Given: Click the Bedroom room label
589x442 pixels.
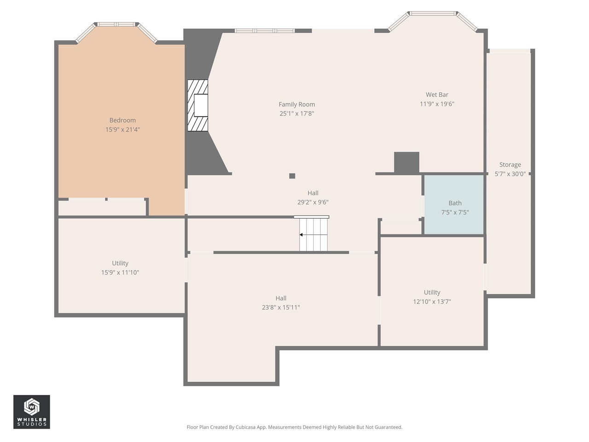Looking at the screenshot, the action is (x=122, y=120).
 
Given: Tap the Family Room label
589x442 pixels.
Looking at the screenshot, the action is (x=297, y=105).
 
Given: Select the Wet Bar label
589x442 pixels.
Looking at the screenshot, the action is (x=437, y=95).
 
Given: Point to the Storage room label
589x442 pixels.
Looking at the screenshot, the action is (x=510, y=165).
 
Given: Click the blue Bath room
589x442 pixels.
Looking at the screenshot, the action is (x=454, y=205).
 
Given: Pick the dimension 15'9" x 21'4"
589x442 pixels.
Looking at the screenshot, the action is (x=122, y=130).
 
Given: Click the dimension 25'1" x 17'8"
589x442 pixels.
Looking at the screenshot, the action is (x=297, y=114).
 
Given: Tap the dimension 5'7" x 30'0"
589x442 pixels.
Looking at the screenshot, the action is (x=510, y=174).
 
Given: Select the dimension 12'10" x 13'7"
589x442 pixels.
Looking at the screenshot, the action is (x=432, y=302).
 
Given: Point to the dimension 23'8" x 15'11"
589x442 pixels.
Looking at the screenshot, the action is (x=281, y=308).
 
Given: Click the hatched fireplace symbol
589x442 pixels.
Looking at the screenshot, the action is (x=198, y=105).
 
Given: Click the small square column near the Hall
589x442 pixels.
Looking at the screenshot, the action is (x=292, y=176).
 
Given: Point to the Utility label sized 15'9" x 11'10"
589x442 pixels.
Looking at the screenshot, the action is (x=120, y=263).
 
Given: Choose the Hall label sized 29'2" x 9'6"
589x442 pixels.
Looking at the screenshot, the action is (x=313, y=193).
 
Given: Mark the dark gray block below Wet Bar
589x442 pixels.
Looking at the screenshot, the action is (x=406, y=163).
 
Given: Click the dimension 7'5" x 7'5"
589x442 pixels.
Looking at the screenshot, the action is (x=455, y=213).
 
